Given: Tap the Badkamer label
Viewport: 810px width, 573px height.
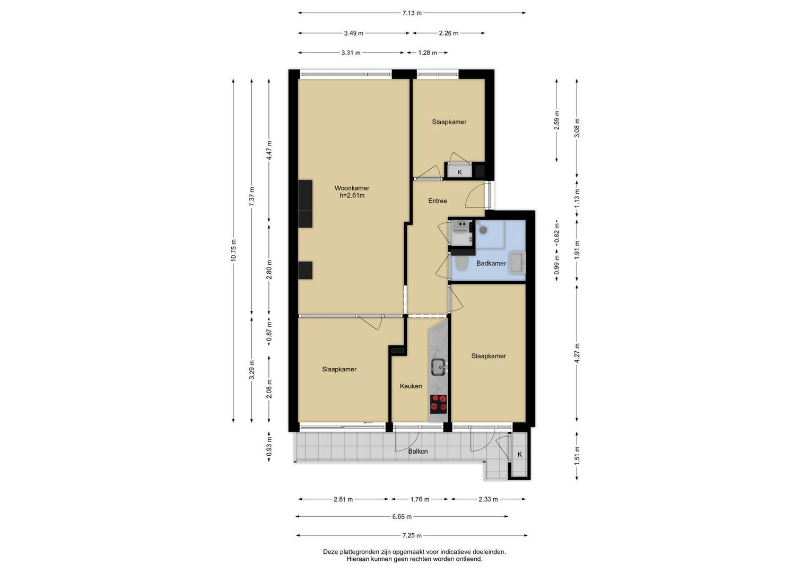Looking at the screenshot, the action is click(491, 263).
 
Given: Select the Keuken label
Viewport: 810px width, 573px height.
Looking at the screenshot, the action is click(411, 386).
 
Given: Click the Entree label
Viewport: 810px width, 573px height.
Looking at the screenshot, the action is click(438, 201).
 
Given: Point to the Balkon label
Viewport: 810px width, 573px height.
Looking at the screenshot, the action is click(418, 452).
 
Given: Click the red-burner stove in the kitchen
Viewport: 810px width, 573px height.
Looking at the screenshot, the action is click(439, 404).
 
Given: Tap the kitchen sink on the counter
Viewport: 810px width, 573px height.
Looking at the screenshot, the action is click(439, 368).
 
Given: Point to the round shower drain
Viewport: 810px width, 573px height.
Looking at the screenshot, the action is click(483, 229).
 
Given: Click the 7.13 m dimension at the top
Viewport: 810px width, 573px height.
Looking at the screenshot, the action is click(412, 13).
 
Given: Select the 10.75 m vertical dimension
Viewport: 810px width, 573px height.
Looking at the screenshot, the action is click(233, 250).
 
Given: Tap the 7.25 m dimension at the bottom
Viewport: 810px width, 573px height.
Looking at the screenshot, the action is click(412, 535).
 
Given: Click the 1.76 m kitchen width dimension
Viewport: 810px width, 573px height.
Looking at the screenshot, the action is click(420, 499).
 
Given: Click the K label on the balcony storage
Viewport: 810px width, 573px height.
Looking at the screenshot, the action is click(520, 454).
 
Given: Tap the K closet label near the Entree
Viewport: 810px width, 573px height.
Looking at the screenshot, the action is click(459, 172).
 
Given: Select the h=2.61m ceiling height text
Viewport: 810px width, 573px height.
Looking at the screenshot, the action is click(352, 196).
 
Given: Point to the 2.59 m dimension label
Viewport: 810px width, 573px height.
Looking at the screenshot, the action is click(557, 120).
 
